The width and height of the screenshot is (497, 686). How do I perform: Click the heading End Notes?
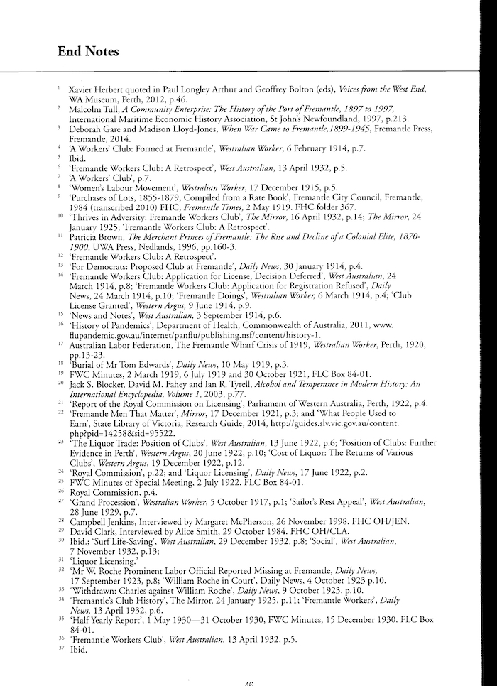coord(88,51)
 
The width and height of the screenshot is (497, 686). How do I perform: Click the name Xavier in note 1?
coord(81,92)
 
